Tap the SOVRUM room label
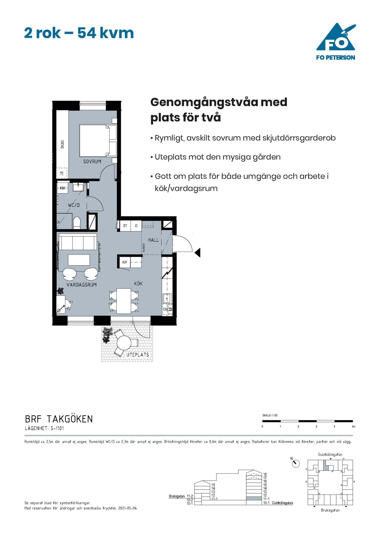(x=92, y=161)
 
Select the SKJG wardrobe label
(x=62, y=144)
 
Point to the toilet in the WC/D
(x=77, y=223)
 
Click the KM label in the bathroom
(x=63, y=188)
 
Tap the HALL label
(x=153, y=240)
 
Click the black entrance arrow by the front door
(x=197, y=253)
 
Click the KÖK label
(x=138, y=284)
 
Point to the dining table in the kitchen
(x=124, y=301)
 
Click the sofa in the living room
(x=78, y=243)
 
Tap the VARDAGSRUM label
(x=82, y=284)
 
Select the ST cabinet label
(x=125, y=226)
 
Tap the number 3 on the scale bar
(x=316, y=426)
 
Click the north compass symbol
(x=296, y=463)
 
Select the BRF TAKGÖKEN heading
(x=59, y=419)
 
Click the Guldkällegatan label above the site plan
(x=330, y=454)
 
